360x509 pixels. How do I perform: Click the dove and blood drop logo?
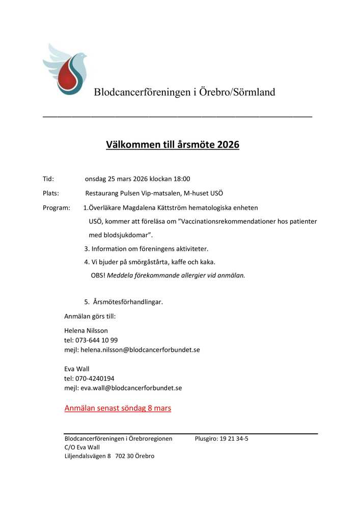click(65, 69)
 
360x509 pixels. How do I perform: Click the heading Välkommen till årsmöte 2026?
click(172, 145)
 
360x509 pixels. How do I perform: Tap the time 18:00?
click(181, 179)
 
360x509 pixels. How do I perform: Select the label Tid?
click(48, 179)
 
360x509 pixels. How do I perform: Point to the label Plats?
click(51, 193)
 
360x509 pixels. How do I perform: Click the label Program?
click(56, 208)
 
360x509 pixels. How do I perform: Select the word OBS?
click(98, 275)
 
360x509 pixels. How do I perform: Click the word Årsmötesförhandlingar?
click(128, 302)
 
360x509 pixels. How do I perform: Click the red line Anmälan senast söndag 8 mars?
click(118, 408)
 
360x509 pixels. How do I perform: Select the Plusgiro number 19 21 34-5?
click(234, 438)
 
